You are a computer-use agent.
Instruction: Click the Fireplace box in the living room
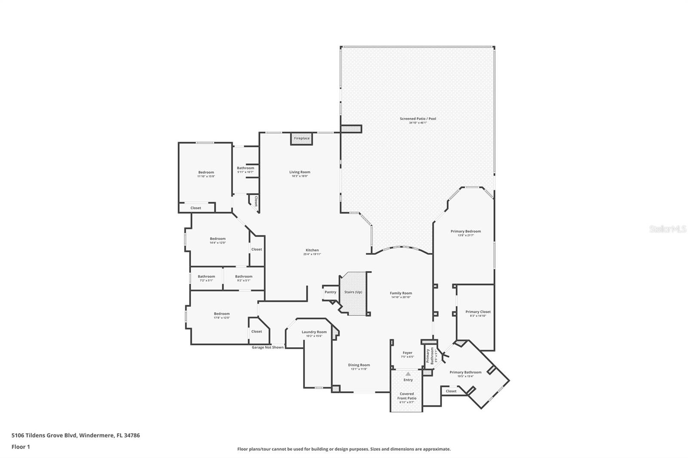301,138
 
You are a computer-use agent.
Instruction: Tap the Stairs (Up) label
353,292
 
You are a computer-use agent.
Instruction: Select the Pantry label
330,292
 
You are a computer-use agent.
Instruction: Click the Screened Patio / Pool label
418,119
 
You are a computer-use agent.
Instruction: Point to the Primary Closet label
478,312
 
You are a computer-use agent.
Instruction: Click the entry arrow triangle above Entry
408,374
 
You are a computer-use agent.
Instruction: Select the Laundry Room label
314,332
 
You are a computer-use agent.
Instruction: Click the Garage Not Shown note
267,347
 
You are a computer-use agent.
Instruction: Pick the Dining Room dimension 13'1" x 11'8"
359,369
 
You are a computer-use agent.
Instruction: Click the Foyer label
407,353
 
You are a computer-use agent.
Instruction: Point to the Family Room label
401,293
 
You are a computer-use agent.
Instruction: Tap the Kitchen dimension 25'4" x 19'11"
312,254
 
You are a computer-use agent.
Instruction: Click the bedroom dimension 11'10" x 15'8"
206,176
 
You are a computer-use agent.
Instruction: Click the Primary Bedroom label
466,231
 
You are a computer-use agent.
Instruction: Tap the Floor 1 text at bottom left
21,447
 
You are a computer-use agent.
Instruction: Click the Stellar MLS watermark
667,229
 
